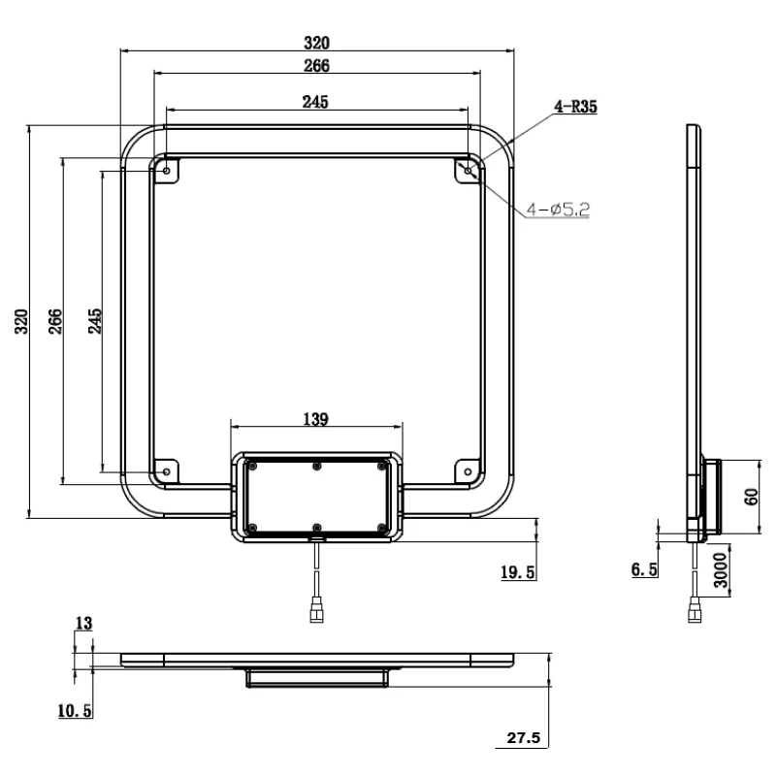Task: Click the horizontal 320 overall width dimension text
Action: pyautogui.click(x=317, y=43)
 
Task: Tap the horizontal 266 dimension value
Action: pyautogui.click(x=317, y=66)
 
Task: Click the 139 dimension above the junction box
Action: pyautogui.click(x=316, y=419)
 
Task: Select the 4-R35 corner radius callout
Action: pyautogui.click(x=575, y=108)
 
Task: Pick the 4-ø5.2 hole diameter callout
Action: pyautogui.click(x=558, y=209)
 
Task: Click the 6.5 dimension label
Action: pyautogui.click(x=643, y=570)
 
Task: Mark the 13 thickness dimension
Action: pyautogui.click(x=85, y=624)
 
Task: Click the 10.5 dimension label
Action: pyautogui.click(x=75, y=712)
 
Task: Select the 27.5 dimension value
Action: pyautogui.click(x=525, y=739)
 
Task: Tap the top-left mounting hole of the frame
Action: pyautogui.click(x=166, y=171)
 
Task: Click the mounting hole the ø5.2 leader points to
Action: pyautogui.click(x=469, y=171)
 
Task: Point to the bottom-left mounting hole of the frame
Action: pyautogui.click(x=166, y=471)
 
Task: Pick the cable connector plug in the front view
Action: pyautogui.click(x=316, y=612)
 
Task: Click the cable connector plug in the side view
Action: pyautogui.click(x=695, y=612)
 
